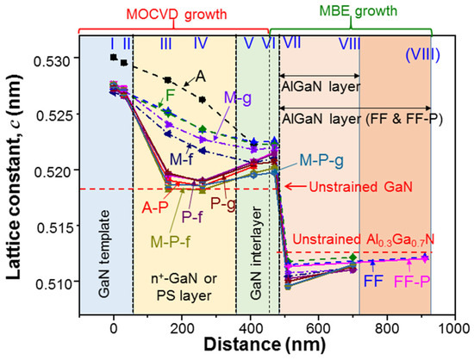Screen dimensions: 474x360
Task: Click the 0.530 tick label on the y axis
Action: [x=53, y=62]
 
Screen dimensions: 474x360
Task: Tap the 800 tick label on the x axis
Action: [x=387, y=328]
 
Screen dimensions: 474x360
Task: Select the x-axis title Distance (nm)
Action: [x=265, y=344]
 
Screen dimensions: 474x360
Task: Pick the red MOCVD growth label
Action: [x=177, y=14]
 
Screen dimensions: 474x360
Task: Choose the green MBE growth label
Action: [x=359, y=11]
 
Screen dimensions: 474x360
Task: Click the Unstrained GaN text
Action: [x=360, y=187]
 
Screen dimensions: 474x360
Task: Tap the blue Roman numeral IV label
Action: [x=201, y=43]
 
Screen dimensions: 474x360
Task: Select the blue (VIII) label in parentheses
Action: [x=422, y=56]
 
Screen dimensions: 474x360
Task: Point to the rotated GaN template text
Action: [x=104, y=254]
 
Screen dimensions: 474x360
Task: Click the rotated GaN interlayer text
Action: [x=256, y=253]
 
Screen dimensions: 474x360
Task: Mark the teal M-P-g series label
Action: [x=321, y=161]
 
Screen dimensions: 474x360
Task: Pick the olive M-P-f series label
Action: [x=171, y=241]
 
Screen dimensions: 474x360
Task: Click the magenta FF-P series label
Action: [x=412, y=282]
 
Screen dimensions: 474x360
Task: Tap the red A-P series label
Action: [x=155, y=208]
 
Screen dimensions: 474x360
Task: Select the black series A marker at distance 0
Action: [x=114, y=57]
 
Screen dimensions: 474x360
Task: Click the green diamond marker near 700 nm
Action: [x=352, y=258]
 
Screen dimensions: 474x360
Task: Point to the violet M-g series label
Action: [x=238, y=99]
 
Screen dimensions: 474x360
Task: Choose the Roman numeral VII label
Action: [x=291, y=42]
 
